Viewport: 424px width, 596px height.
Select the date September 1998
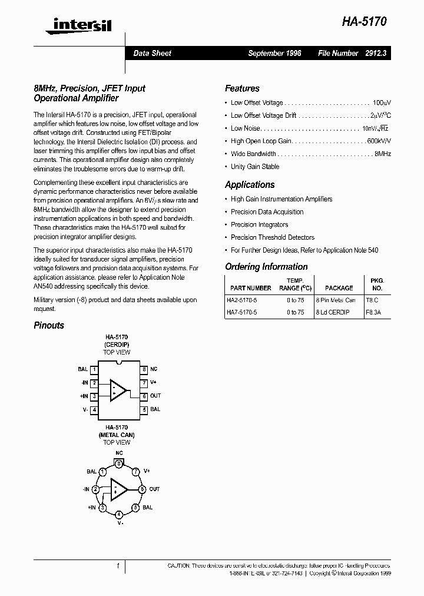(x=274, y=53)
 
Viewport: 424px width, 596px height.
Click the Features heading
(x=242, y=88)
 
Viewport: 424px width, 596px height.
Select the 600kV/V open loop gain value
(x=379, y=141)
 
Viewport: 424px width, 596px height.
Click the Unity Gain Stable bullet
(x=255, y=167)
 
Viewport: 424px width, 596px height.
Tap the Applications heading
(x=250, y=185)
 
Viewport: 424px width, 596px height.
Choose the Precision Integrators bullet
(x=259, y=224)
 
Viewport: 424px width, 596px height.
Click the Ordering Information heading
(x=266, y=267)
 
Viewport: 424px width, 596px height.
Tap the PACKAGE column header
(x=339, y=288)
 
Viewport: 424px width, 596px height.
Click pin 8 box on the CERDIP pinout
(x=143, y=369)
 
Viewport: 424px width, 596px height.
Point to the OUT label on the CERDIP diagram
(x=155, y=396)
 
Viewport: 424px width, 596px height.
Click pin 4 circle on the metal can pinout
(x=120, y=514)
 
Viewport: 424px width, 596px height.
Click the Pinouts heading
(x=49, y=325)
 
